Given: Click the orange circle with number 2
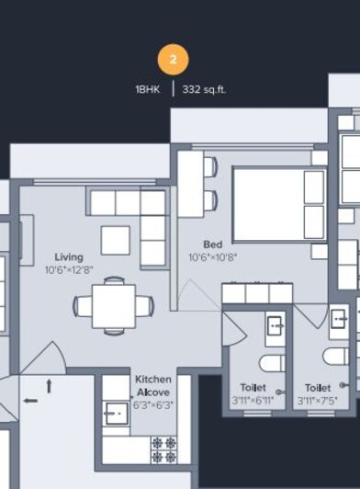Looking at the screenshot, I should coord(173,61).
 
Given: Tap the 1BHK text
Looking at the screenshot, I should coord(147,90).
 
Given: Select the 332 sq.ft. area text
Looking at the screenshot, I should coord(204,90).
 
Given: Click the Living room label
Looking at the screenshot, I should coord(69,257).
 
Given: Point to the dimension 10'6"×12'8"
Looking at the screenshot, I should coord(69,270).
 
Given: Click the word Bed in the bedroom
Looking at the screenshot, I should coord(212,244).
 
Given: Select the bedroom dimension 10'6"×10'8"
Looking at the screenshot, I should coord(212,257).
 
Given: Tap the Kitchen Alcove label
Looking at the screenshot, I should coord(152,386).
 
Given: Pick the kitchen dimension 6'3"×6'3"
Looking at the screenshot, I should coord(152,404).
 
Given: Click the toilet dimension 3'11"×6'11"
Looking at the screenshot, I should coord(253,402).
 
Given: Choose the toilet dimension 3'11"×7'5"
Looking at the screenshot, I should coord(318,402).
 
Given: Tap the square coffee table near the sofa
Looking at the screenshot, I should coord(116,240).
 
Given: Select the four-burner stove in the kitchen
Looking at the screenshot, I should coord(163,449).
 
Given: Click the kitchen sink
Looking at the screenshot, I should coord(116,415).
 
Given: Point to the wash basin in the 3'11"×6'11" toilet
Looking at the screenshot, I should coord(274,324).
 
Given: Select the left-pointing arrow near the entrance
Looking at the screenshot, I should coord(30,400).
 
